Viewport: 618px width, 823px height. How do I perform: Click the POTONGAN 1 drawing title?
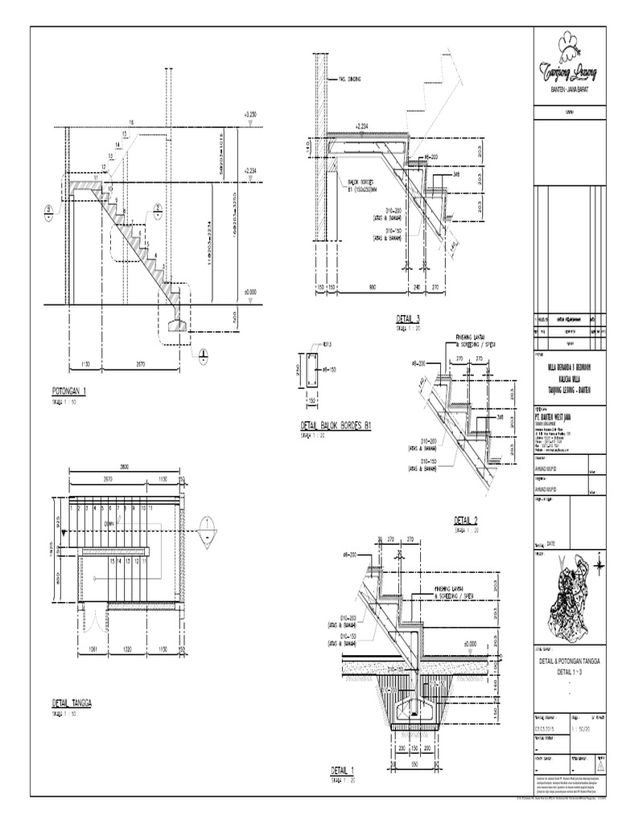(x=68, y=391)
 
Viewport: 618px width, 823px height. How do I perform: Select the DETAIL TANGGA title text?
(x=72, y=702)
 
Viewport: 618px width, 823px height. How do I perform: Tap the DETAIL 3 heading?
(x=408, y=319)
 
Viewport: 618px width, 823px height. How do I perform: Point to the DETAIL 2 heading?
(x=466, y=519)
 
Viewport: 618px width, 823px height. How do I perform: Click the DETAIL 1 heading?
(x=342, y=770)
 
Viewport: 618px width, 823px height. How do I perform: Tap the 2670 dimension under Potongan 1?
(x=141, y=366)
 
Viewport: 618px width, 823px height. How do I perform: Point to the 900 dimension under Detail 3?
(x=372, y=288)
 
